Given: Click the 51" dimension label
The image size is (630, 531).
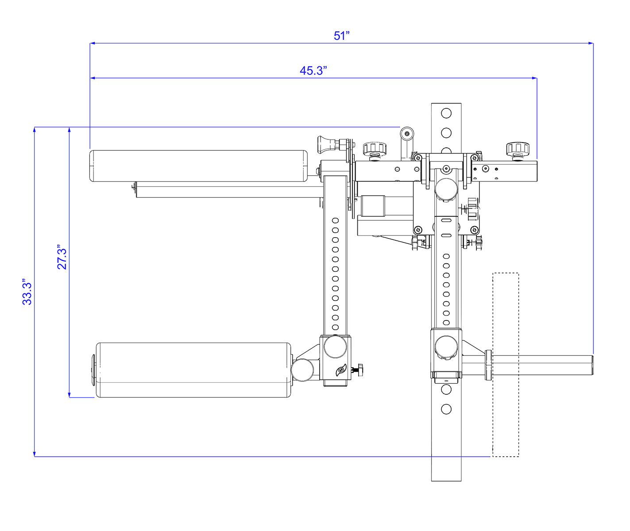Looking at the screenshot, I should [342, 36].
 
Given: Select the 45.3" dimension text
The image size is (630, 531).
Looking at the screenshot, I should [313, 71].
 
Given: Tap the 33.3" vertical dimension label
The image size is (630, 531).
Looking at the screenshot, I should [27, 292].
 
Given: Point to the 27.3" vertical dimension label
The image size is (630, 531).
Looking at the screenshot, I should [62, 257].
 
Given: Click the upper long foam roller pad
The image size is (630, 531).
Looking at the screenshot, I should [198, 166].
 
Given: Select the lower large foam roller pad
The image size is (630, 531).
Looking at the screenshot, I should [193, 370].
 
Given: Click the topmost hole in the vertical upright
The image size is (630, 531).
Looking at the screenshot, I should [446, 113].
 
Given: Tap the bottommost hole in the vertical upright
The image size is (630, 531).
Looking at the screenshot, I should [446, 409].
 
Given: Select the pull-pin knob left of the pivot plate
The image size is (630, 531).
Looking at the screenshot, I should [326, 143].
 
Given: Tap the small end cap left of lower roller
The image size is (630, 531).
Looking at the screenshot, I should [93, 370].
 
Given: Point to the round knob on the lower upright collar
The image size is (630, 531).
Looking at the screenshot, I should [446, 347].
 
